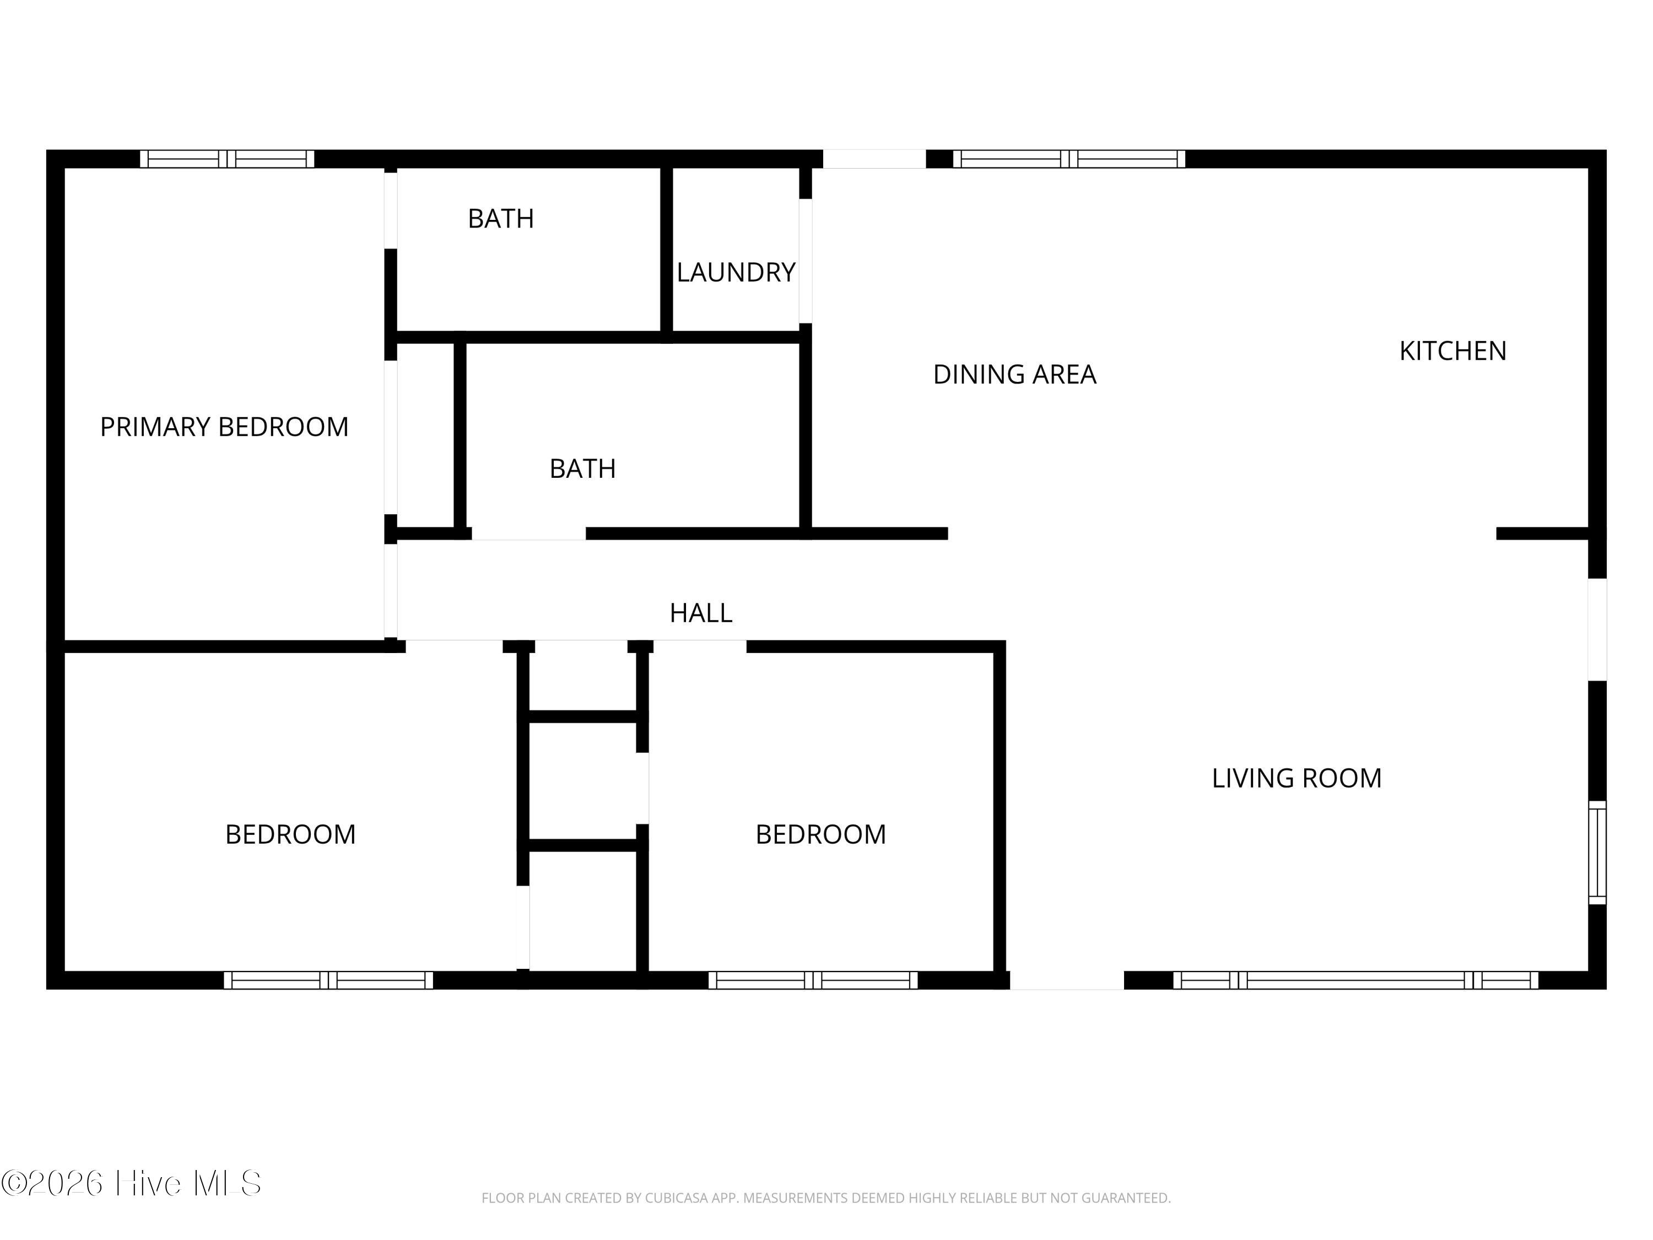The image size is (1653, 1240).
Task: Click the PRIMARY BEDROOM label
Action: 224,427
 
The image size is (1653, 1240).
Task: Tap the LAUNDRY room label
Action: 736,272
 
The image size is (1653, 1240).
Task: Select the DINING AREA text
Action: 1014,374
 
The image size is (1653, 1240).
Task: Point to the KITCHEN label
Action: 1452,351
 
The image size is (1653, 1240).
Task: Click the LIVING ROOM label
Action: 1296,778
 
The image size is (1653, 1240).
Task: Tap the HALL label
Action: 700,613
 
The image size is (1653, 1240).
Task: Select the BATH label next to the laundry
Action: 501,219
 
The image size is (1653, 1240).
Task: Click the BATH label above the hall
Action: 582,468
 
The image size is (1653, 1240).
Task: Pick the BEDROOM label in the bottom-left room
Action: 290,834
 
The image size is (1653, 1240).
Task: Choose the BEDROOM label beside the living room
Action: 820,834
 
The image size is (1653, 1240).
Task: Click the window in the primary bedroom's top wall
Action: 227,159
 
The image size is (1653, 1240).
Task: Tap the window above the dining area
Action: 1068,159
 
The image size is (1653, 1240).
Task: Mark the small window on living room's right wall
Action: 1596,852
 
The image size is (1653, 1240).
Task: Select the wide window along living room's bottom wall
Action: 1355,980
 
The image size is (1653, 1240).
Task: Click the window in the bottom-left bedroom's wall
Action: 328,980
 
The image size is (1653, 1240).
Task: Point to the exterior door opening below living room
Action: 1066,980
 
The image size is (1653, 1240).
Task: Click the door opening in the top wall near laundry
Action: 873,159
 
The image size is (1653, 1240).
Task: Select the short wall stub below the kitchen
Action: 1542,533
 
